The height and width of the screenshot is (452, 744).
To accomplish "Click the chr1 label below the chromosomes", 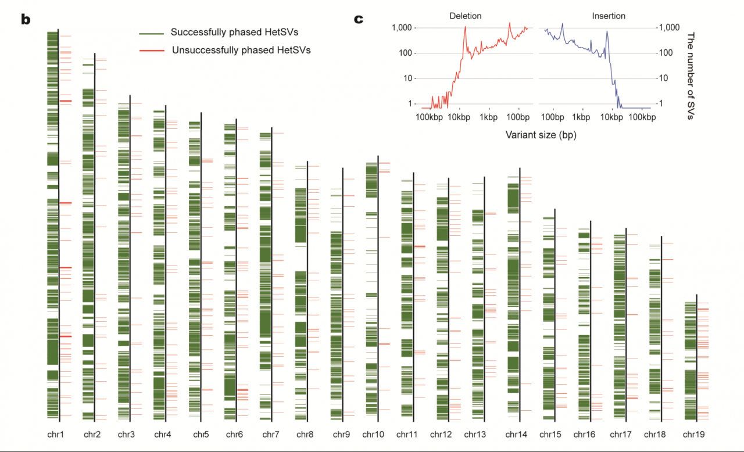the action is (x=55, y=435).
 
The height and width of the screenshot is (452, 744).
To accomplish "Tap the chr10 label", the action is (x=373, y=435).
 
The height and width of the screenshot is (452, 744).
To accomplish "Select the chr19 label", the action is (x=693, y=435).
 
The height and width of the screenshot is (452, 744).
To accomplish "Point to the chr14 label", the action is (x=516, y=435).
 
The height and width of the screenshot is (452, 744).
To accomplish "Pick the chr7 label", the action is (x=271, y=435).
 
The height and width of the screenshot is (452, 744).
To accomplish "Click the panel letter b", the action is (x=26, y=20).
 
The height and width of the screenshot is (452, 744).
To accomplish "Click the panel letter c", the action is (x=359, y=19).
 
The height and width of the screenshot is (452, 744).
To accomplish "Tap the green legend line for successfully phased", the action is (x=152, y=34).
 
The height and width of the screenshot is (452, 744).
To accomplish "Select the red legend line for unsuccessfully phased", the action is (x=152, y=51).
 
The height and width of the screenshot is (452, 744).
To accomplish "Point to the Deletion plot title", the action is (x=466, y=16).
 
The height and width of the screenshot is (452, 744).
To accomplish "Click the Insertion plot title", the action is (x=609, y=16).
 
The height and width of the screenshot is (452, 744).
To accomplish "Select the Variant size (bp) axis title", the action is (x=541, y=135).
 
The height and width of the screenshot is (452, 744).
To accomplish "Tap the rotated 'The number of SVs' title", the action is (x=691, y=76).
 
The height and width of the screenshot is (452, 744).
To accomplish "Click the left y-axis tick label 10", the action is (x=407, y=78).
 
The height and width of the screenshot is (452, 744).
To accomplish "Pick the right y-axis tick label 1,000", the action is (x=669, y=27).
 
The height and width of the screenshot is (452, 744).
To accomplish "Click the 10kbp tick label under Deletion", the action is (x=459, y=117).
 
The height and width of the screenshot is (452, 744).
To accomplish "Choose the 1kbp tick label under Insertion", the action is (x=581, y=117).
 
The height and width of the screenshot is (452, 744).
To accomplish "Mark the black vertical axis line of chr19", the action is (x=696, y=358).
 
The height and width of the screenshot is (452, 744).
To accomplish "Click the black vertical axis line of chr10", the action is (x=378, y=289).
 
